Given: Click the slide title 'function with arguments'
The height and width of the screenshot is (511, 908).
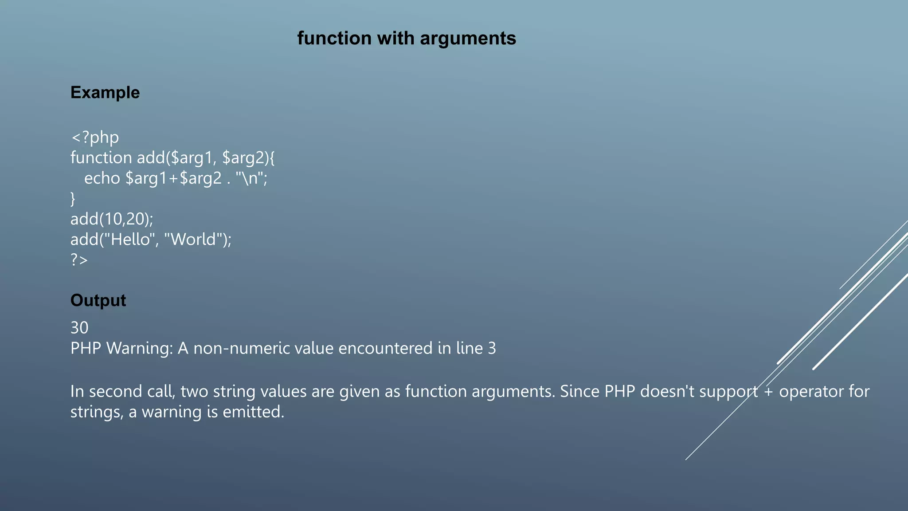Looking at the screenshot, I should pyautogui.click(x=407, y=38).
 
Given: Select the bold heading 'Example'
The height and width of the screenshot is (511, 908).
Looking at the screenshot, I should pyautogui.click(x=105, y=92).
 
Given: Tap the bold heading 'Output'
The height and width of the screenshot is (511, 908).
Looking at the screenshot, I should pyautogui.click(x=98, y=300).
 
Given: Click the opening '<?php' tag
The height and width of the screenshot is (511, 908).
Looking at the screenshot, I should pyautogui.click(x=95, y=138).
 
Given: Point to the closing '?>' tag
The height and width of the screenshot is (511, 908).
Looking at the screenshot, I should pyautogui.click(x=79, y=259).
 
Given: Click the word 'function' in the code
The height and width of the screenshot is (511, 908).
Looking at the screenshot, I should pyautogui.click(x=101, y=157).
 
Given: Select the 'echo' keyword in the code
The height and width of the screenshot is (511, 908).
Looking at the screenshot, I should pyautogui.click(x=102, y=178).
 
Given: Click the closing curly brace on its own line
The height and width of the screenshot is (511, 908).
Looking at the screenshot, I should pyautogui.click(x=73, y=198).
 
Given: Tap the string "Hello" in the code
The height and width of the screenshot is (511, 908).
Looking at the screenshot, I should pyautogui.click(x=129, y=239).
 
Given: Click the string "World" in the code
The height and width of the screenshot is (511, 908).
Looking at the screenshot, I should pyautogui.click(x=193, y=239).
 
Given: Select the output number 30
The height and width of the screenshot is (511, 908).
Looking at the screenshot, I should pyautogui.click(x=79, y=328).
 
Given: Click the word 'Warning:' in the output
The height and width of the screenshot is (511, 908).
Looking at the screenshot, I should pyautogui.click(x=139, y=348).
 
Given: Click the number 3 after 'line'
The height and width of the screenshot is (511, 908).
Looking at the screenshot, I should pyautogui.click(x=492, y=348).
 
